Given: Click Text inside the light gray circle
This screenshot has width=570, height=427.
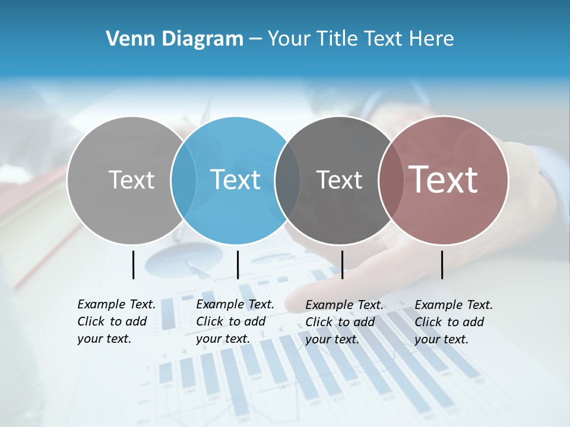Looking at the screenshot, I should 131,180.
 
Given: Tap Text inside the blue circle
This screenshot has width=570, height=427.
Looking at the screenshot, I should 236,180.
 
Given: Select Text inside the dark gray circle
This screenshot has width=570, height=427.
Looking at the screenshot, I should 339,180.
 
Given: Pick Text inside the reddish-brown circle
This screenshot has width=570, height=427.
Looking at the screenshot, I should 444,180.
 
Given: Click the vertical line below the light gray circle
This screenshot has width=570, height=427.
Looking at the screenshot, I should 133,265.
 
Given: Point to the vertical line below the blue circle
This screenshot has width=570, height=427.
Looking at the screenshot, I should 237,265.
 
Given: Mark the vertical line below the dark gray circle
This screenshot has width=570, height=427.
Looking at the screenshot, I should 342,265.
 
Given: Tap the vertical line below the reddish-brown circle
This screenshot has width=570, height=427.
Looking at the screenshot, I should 442,265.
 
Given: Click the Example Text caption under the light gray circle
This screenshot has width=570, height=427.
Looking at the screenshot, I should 116,321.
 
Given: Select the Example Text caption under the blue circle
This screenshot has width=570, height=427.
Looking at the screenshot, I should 235,321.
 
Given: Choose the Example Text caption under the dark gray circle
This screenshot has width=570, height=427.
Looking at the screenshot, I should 344,322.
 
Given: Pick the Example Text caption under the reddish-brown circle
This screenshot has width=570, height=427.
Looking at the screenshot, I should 454,322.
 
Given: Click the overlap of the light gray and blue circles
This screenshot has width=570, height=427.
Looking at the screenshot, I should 183,180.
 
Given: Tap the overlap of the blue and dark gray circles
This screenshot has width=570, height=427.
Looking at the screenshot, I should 287,180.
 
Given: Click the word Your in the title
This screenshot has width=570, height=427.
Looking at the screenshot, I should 289,39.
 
